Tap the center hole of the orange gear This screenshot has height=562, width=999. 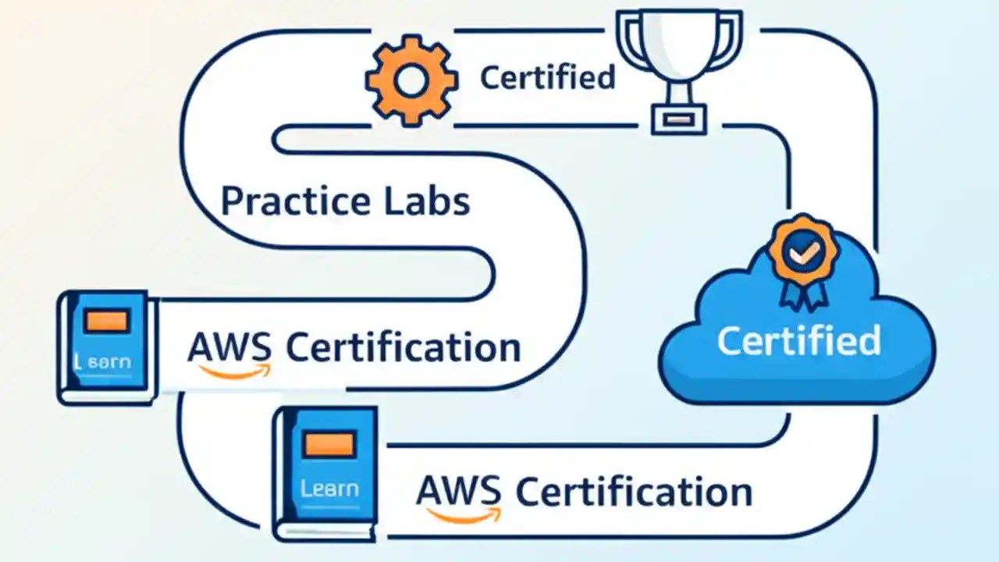411,80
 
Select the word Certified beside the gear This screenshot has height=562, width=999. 547,77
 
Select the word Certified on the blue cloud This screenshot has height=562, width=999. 798,341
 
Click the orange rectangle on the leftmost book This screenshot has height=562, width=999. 108,322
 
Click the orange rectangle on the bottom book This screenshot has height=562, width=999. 329,445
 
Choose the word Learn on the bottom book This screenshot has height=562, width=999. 329,489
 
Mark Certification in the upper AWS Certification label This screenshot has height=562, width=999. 404,347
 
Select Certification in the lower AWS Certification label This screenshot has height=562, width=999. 635,492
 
